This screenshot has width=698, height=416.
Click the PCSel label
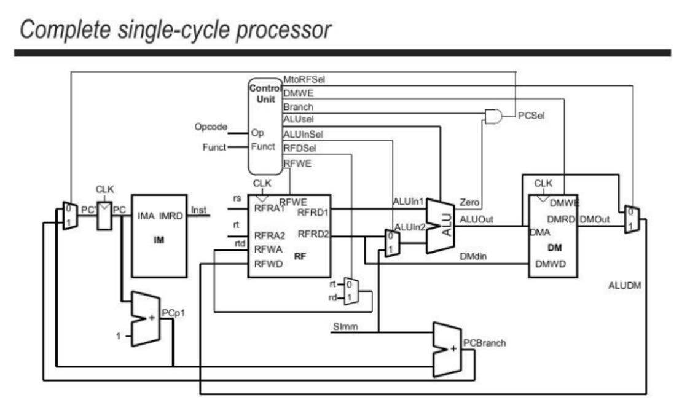click(531, 115)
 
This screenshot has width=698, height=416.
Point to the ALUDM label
click(625, 286)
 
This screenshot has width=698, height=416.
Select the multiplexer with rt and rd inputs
click(348, 291)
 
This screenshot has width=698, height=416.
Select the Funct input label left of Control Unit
click(215, 147)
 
